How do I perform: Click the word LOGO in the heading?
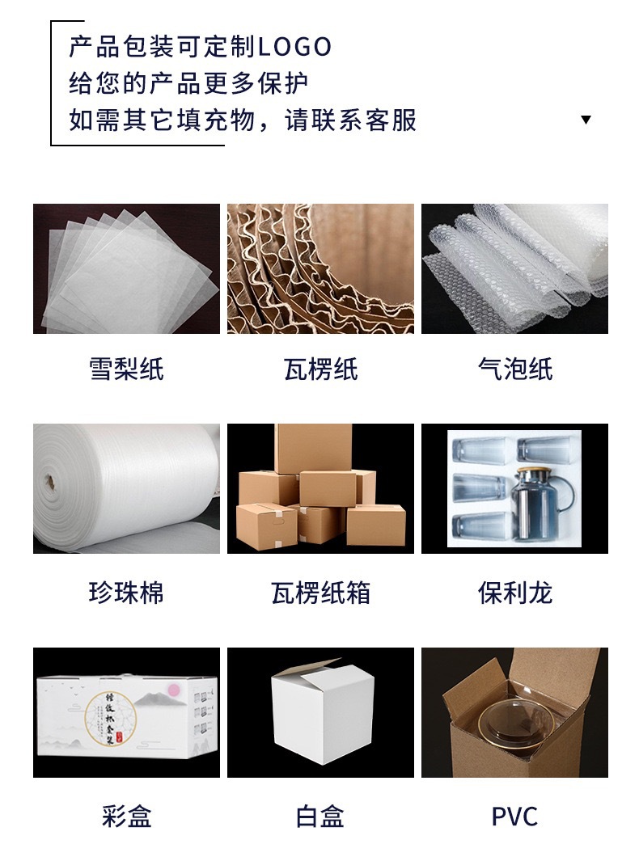click(x=294, y=47)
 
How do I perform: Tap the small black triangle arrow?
click(x=586, y=120)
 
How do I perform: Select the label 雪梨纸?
click(x=126, y=369)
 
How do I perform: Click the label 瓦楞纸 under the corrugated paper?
click(x=320, y=369)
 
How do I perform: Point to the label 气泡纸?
click(x=514, y=369)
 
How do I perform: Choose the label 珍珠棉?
click(x=126, y=593)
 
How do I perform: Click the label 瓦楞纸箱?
click(x=320, y=593)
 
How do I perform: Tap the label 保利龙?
click(x=514, y=593)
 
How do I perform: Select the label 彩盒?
click(x=126, y=816)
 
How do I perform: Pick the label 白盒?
click(x=320, y=816)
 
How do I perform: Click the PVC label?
click(x=514, y=816)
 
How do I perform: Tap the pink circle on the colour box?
click(x=172, y=689)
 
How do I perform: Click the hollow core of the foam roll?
click(x=46, y=484)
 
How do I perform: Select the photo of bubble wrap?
click(x=514, y=268)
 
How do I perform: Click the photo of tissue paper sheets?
click(x=126, y=268)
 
